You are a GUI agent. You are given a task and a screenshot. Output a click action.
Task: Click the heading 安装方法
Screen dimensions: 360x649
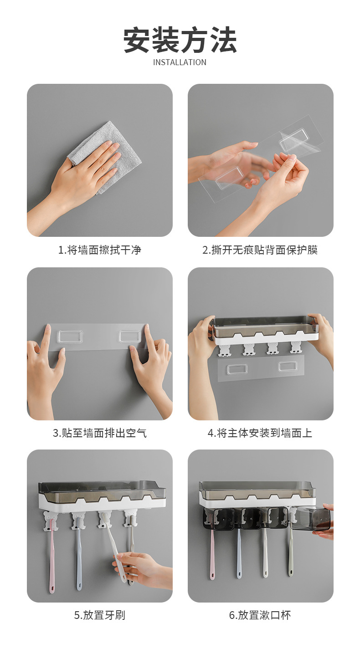click(180, 40)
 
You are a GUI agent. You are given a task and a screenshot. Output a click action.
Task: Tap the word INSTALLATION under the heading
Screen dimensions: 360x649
click(180, 62)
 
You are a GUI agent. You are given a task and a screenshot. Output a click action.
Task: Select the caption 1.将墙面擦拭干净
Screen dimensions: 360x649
click(100, 250)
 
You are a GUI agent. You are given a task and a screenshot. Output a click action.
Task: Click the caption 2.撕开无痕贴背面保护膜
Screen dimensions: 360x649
click(260, 250)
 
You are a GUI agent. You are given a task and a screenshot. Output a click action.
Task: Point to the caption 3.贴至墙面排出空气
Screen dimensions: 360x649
click(100, 433)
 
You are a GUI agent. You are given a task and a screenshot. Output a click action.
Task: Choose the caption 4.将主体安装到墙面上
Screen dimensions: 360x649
click(260, 433)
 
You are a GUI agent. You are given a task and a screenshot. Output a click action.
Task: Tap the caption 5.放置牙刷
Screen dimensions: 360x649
click(100, 615)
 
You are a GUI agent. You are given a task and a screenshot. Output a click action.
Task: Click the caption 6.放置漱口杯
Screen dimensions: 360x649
click(260, 615)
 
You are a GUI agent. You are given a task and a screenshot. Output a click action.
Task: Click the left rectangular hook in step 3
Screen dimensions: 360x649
click(70, 337)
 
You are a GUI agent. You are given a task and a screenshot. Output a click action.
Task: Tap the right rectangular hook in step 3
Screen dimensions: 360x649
click(130, 337)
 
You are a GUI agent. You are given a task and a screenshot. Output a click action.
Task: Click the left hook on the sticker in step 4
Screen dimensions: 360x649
click(237, 369)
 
